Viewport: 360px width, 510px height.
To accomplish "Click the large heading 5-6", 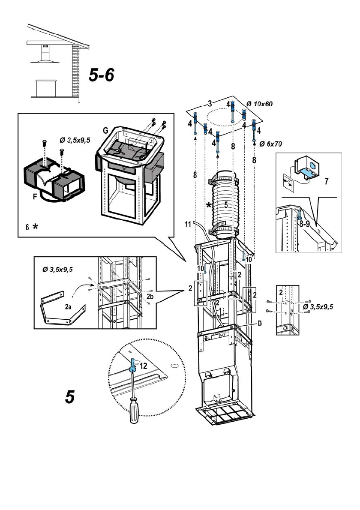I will [102, 75].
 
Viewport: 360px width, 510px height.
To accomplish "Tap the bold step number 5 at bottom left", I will [70, 397].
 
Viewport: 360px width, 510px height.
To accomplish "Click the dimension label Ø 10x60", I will [260, 104].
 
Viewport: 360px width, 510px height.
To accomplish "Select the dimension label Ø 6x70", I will [270, 144].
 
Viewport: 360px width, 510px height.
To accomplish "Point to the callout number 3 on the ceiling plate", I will [210, 103].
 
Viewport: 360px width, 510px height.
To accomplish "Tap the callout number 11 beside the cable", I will [187, 224].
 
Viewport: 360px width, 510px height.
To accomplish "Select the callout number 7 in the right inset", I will [327, 181].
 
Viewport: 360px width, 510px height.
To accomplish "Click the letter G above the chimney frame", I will [105, 130].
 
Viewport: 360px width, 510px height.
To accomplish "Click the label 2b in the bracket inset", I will [150, 296].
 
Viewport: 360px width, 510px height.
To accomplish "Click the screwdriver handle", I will [135, 411].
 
